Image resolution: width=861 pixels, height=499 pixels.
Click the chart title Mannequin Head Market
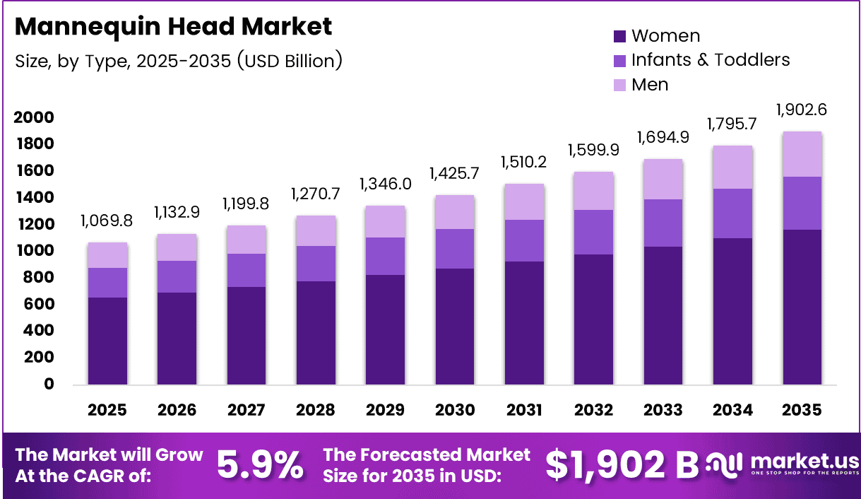[173, 27]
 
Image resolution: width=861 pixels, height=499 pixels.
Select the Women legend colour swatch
[619, 36]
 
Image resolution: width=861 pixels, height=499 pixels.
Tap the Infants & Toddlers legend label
[710, 60]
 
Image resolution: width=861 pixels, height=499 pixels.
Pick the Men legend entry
[649, 85]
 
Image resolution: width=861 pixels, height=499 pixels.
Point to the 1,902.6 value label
[801, 110]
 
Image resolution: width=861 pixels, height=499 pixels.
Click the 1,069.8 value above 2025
[107, 221]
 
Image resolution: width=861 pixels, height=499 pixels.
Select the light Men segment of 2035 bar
[802, 154]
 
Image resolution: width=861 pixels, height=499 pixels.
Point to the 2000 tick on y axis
[34, 117]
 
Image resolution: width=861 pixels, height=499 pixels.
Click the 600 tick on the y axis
[39, 305]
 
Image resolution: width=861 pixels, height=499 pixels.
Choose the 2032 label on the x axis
[593, 411]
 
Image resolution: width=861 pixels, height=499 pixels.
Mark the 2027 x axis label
[247, 411]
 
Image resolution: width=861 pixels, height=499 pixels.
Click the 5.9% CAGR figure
[259, 464]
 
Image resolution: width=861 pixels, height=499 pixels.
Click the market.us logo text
[804, 459]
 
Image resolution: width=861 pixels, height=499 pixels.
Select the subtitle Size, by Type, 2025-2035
[178, 61]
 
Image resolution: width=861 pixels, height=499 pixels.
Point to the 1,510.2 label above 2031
[524, 163]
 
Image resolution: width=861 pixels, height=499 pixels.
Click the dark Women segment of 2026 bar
[177, 338]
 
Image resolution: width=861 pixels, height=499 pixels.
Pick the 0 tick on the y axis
[49, 384]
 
